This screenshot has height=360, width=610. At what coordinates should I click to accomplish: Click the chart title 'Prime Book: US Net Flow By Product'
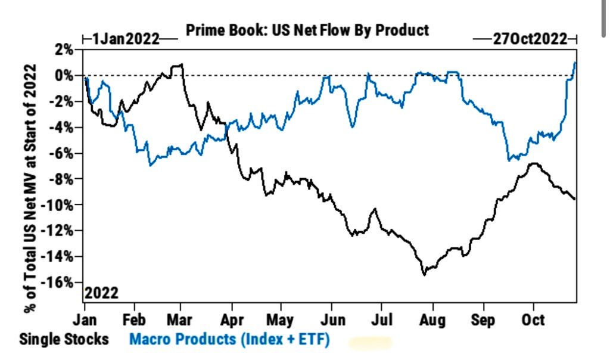point(307,30)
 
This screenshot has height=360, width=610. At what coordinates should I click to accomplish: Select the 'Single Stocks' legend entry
point(64,339)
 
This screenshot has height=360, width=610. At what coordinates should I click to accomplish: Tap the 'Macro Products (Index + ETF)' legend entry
point(229,339)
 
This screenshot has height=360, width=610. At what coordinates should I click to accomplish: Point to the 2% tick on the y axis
point(64,50)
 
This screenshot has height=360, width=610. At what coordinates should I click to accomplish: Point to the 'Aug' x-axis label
point(432,319)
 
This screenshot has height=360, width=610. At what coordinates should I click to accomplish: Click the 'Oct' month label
point(533,319)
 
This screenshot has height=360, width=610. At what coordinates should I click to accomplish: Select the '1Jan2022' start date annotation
point(126,40)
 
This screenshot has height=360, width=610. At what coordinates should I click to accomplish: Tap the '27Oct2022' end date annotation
point(526,40)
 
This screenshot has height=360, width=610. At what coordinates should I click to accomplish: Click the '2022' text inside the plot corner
point(101,294)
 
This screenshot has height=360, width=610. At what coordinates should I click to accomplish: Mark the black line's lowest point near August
point(424,274)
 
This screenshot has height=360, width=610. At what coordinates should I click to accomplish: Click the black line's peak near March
point(180,64)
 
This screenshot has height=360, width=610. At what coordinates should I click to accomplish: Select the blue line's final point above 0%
point(575,62)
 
